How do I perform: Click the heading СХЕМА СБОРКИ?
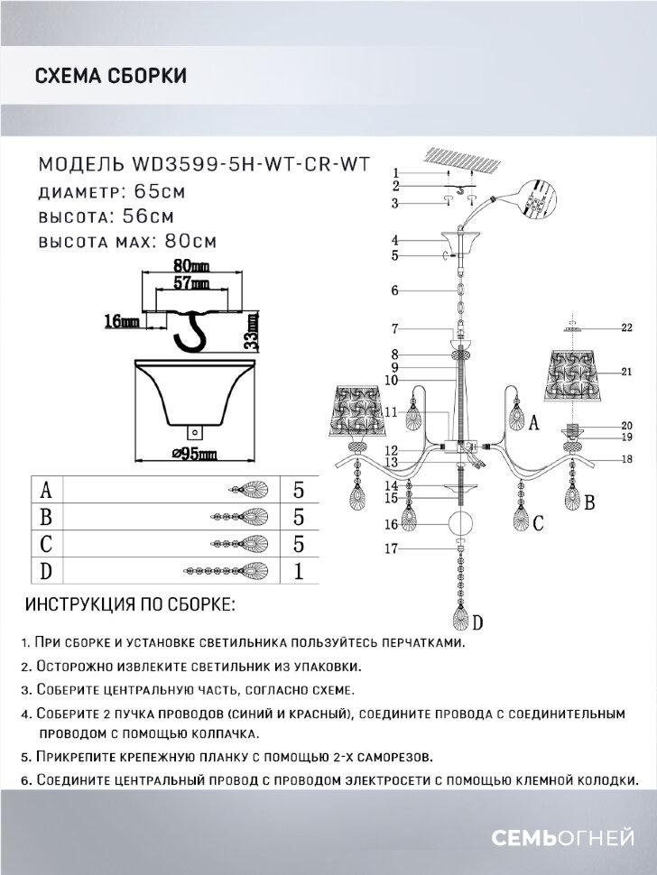[110, 75]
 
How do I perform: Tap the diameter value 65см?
[160, 191]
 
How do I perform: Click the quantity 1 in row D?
[297, 571]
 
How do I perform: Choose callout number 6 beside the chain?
[393, 290]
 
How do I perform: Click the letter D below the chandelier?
[477, 622]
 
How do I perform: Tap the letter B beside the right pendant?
[588, 502]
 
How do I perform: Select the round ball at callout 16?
[460, 523]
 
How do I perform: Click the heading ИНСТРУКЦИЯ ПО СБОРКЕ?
[131, 603]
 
